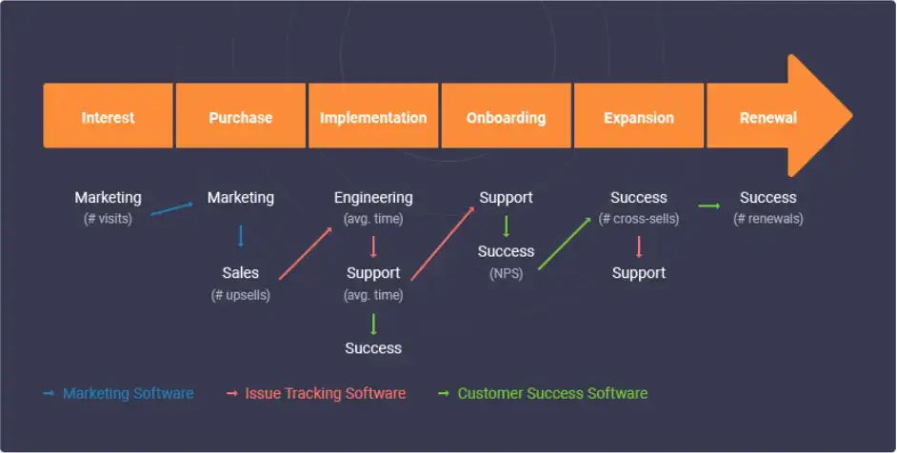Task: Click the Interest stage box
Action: click(108, 118)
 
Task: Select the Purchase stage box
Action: click(240, 118)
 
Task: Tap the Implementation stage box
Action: click(372, 118)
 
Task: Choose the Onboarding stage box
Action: click(506, 118)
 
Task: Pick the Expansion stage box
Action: click(638, 118)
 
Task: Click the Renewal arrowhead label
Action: click(768, 118)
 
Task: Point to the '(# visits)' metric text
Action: click(108, 218)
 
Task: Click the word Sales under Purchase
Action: click(240, 273)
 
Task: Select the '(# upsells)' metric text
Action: click(240, 295)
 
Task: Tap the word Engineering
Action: click(372, 198)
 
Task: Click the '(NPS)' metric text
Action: click(506, 273)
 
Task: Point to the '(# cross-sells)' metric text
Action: click(638, 218)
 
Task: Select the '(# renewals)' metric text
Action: click(767, 218)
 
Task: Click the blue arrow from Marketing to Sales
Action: click(240, 235)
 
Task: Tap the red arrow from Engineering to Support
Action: click(373, 247)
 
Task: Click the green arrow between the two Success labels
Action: click(708, 205)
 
